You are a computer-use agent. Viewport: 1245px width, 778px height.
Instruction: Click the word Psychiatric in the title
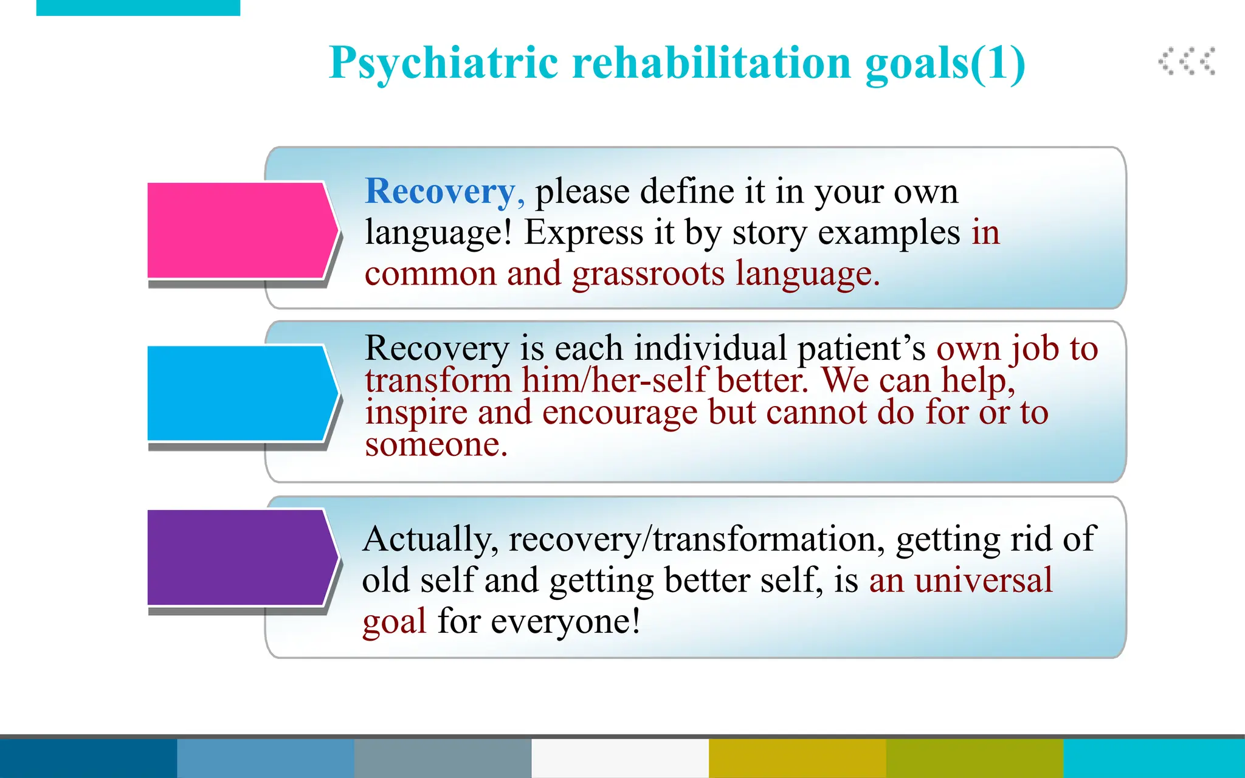coord(443,63)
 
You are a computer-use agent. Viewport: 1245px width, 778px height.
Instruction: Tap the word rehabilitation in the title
coord(712,63)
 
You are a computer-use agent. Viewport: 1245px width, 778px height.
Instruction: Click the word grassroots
coord(648,274)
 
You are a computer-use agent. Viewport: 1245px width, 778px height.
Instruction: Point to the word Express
coord(584,233)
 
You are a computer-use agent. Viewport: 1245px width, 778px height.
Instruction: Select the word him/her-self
coord(613,381)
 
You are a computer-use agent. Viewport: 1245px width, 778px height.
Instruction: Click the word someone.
coord(435,445)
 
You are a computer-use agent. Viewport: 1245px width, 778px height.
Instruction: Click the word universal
coord(983,580)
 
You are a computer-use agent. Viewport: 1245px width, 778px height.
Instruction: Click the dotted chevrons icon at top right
coord(1186,61)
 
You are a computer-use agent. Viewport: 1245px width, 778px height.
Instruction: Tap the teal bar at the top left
coord(138,7)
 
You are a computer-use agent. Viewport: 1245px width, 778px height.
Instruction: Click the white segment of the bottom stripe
coord(619,758)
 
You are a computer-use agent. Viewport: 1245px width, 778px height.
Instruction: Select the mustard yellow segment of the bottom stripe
coord(797,758)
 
